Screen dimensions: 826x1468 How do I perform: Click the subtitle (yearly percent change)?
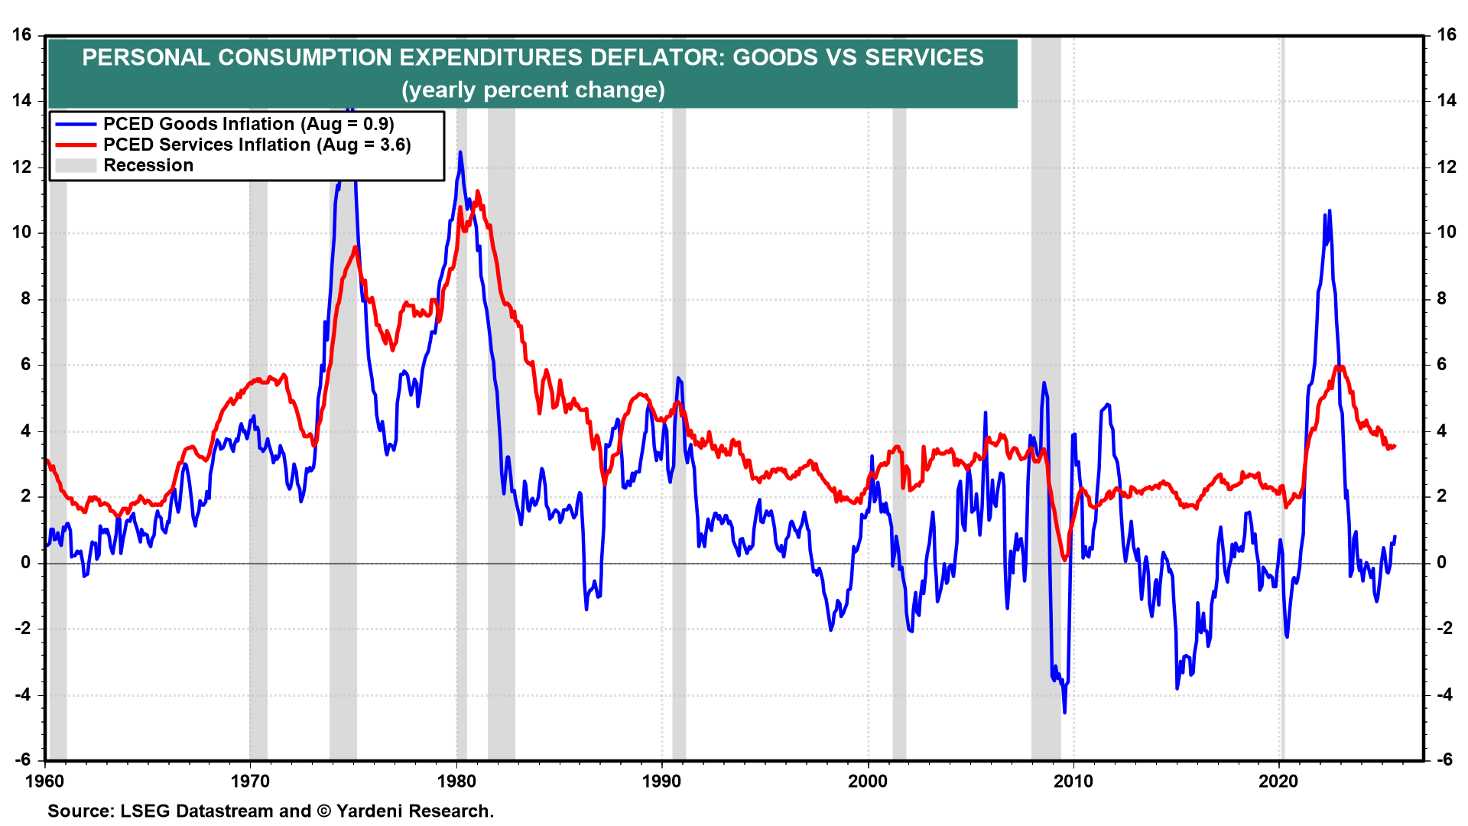coord(533,90)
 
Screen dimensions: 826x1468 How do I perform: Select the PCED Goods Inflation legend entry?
coord(248,124)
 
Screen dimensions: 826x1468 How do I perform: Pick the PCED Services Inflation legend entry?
coord(257,145)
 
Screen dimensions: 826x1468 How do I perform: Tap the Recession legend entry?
coord(148,165)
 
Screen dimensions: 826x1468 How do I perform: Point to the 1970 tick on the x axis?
coord(250,781)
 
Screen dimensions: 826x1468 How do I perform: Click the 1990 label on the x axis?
coord(661,781)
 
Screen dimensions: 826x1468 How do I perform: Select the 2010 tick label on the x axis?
coord(1073,781)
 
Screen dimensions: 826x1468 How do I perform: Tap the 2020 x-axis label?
coord(1278,781)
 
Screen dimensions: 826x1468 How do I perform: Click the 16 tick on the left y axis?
coord(22,34)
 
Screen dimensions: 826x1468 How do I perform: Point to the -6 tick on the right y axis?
coord(1444,759)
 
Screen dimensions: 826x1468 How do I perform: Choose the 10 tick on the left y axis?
coord(22,233)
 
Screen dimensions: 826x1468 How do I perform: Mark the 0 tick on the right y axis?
coord(1441,562)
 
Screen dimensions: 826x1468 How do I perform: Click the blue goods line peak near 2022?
coord(1330,211)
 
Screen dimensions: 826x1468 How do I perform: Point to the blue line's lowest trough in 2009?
coord(1064,712)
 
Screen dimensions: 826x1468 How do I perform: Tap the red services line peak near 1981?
coord(478,192)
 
